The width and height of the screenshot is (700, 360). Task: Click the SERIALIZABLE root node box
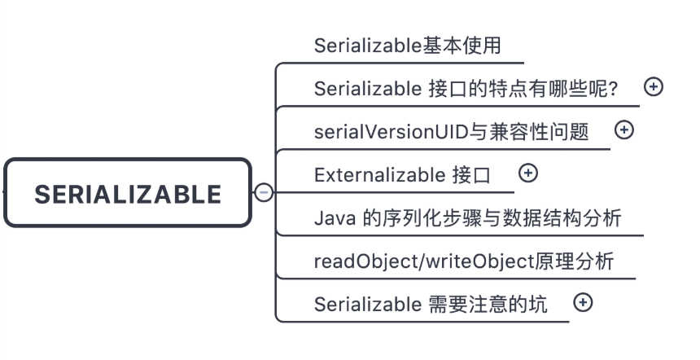tap(128, 192)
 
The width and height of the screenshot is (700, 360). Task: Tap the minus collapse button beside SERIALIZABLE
tap(264, 192)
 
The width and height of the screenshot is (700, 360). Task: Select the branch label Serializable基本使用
tap(408, 46)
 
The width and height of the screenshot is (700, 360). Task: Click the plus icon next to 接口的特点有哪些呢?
tap(654, 86)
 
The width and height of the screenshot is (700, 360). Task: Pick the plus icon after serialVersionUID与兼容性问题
tap(624, 130)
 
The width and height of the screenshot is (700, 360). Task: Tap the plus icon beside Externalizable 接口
tap(528, 173)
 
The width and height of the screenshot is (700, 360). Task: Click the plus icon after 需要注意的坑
tap(583, 302)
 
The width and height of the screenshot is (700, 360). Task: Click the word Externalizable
tap(379, 175)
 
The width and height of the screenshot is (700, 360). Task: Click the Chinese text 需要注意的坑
tap(488, 305)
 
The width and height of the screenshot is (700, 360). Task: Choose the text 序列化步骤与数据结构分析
tap(492, 218)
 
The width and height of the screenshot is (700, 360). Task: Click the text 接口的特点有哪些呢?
tap(523, 89)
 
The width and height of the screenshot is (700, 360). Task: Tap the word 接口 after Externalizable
tap(471, 175)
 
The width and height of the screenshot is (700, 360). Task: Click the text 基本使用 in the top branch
tap(462, 46)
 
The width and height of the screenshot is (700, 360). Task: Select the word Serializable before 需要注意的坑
tap(368, 305)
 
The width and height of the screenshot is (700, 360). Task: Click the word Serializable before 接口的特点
tap(368, 89)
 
